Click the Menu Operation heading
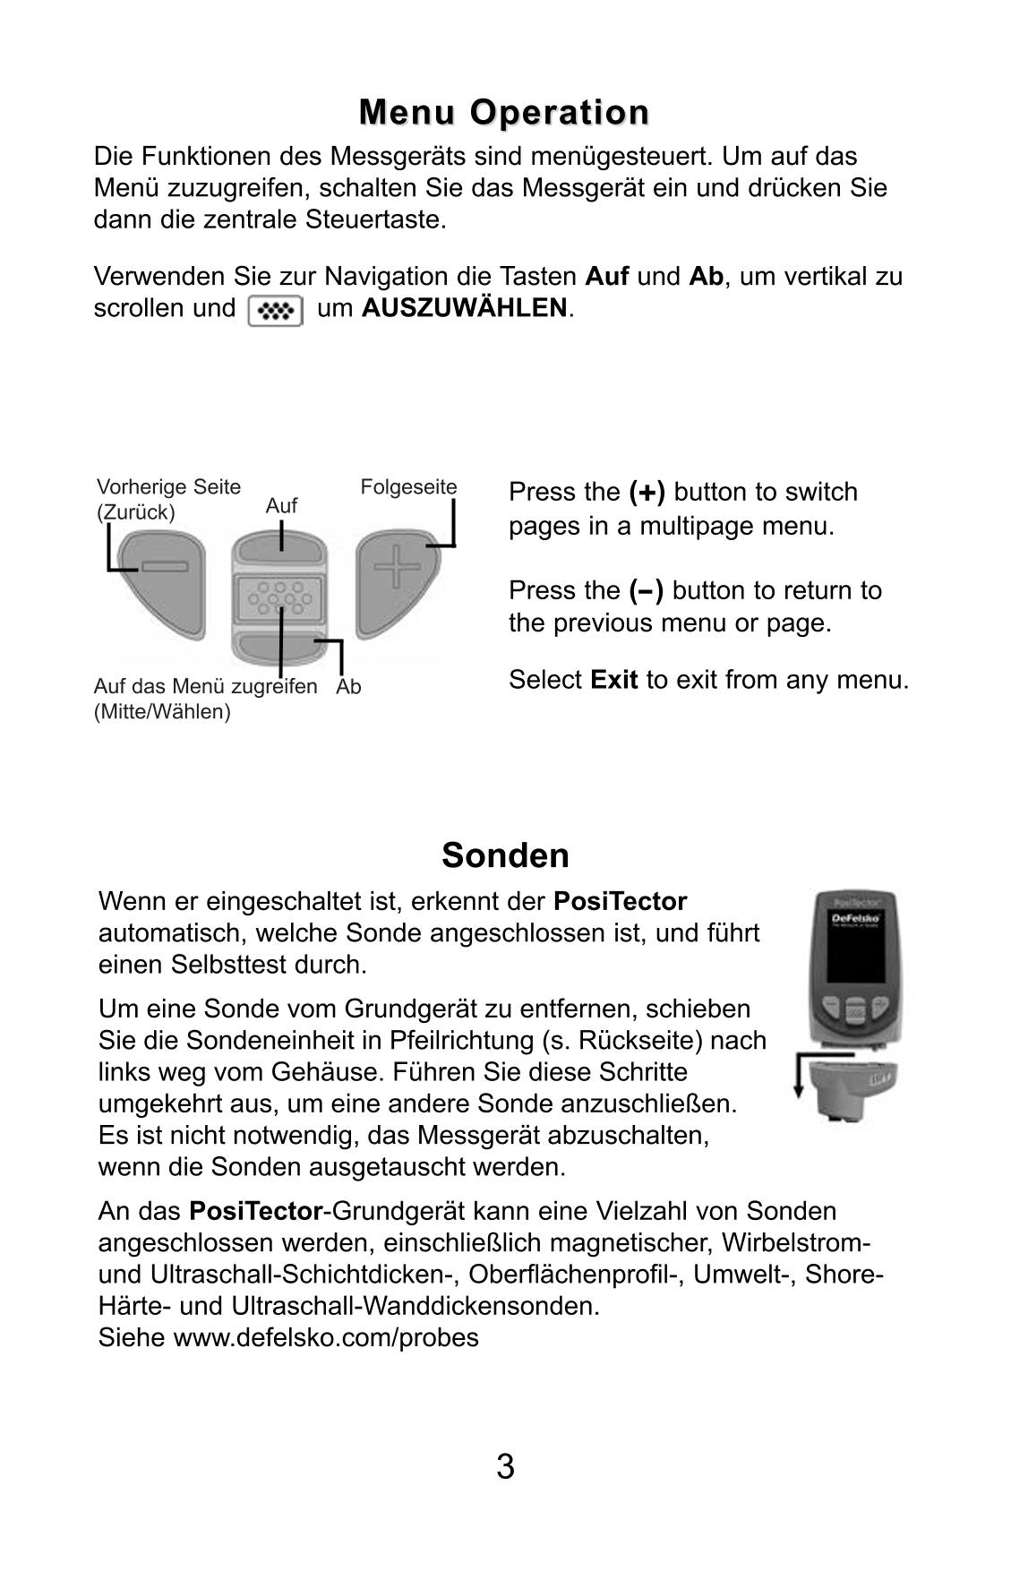(504, 113)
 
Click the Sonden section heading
(505, 855)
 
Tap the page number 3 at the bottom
(505, 1467)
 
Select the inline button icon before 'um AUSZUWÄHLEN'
(275, 311)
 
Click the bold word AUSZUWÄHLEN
(464, 308)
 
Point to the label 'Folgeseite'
(408, 487)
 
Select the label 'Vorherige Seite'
(168, 487)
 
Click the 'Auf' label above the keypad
(281, 506)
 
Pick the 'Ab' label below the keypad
(349, 687)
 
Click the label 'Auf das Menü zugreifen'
(205, 687)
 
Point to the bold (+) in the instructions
(647, 493)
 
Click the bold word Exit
(613, 680)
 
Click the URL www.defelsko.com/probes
(326, 1338)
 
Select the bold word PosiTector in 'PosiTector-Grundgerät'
(255, 1212)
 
